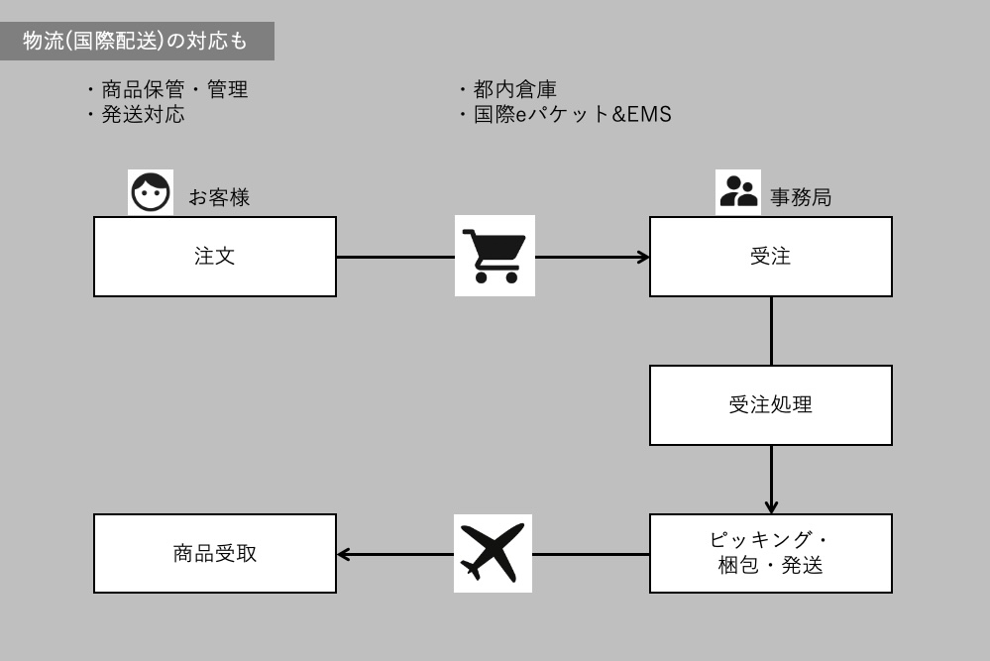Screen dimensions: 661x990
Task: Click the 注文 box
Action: tap(215, 257)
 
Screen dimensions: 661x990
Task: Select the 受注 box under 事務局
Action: tap(770, 257)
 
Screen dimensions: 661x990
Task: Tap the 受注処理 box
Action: tap(770, 404)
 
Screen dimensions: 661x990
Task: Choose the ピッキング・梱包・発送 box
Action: tap(770, 553)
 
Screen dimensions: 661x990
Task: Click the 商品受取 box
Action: tap(215, 553)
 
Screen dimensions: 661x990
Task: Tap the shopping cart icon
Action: tap(495, 256)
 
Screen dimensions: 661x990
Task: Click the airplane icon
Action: tap(493, 553)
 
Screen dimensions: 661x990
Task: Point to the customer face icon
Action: tap(150, 192)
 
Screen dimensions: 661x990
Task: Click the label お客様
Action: tap(219, 197)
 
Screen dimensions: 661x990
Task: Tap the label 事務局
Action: tap(801, 197)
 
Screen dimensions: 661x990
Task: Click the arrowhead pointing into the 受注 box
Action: tap(644, 257)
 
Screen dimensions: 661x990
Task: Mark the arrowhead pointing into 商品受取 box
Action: tap(343, 553)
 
